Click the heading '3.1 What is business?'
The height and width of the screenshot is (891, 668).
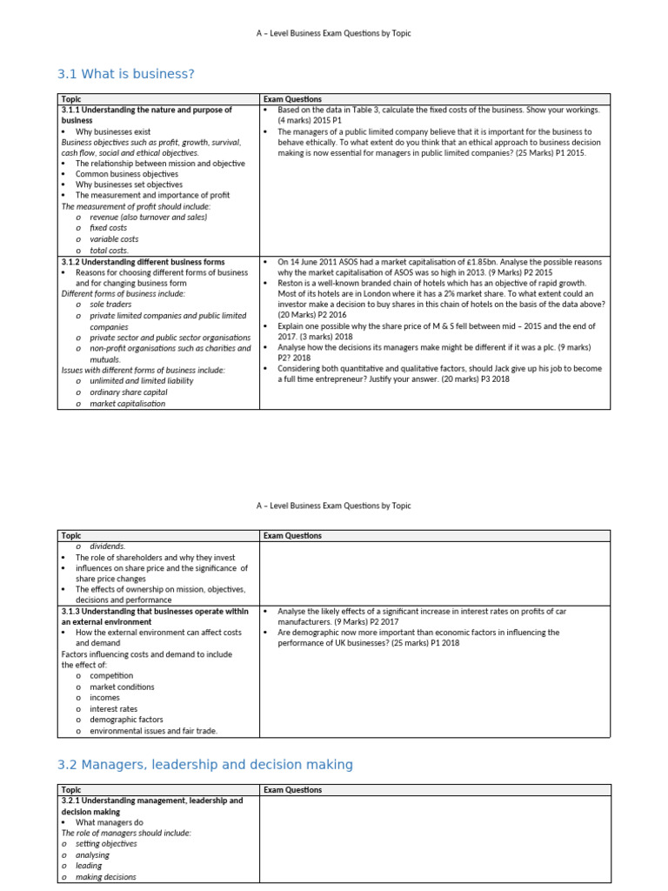125,74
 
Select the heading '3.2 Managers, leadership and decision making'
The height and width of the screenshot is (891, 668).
205,765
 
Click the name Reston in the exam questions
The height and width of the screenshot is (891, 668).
291,284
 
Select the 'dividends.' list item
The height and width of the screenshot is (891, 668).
107,546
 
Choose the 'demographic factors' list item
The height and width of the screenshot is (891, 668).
126,720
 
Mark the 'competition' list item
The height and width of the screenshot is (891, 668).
111,675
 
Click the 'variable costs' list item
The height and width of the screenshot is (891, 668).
114,239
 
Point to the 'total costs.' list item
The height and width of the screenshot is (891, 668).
109,250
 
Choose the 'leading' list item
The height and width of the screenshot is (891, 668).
89,866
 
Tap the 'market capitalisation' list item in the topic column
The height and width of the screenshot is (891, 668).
127,403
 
